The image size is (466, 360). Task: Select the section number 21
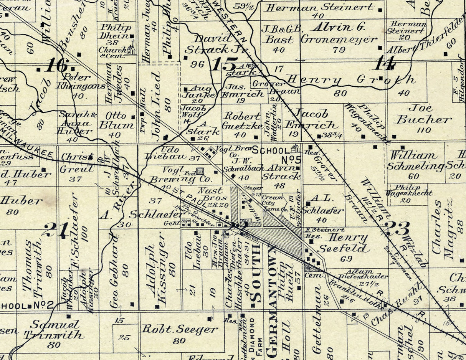click(56, 230)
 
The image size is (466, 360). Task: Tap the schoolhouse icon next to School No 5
click(295, 148)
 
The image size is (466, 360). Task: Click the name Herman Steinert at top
click(319, 7)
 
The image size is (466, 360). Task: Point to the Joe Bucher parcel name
click(423, 114)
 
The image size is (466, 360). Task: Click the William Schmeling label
click(415, 161)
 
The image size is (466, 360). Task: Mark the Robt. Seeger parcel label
click(180, 329)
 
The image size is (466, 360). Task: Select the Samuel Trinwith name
click(54, 330)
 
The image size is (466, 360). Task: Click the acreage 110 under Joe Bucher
click(424, 130)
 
